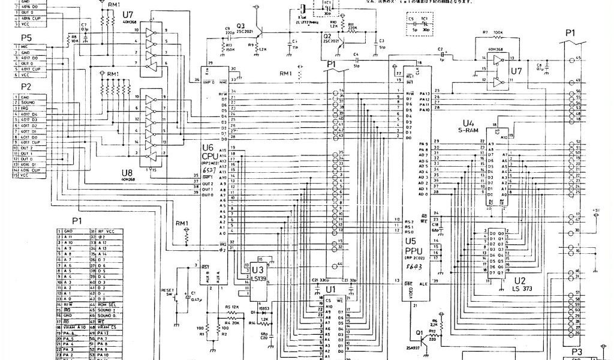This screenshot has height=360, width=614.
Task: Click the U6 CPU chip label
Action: tap(208, 151)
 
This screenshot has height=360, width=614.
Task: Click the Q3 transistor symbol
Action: tap(257, 38)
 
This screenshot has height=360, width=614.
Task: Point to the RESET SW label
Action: tap(167, 293)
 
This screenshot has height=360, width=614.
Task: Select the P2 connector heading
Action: tap(25, 86)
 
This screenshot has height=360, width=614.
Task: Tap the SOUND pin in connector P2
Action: tap(31, 103)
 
